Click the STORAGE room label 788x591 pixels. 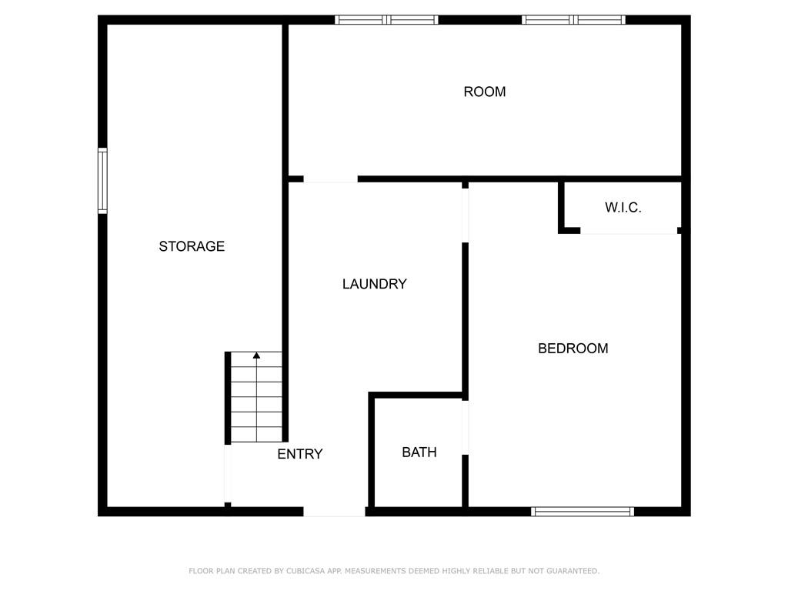tap(192, 246)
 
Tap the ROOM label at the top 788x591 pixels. tap(485, 92)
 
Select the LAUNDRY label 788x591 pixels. tap(374, 284)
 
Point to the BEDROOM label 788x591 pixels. tap(573, 349)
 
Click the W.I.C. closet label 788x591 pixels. tap(623, 208)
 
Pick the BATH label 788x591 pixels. tap(419, 452)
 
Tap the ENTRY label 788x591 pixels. tap(299, 454)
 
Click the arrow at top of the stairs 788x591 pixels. tap(256, 356)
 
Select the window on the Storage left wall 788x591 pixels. tap(102, 181)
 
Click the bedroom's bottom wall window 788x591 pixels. tap(583, 511)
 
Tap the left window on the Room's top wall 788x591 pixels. tap(386, 20)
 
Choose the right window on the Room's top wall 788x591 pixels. tap(573, 20)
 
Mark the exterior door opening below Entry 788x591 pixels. tap(334, 511)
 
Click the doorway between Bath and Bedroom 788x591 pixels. tap(465, 427)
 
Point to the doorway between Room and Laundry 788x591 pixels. tap(330, 179)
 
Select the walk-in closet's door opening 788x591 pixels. tap(629, 230)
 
